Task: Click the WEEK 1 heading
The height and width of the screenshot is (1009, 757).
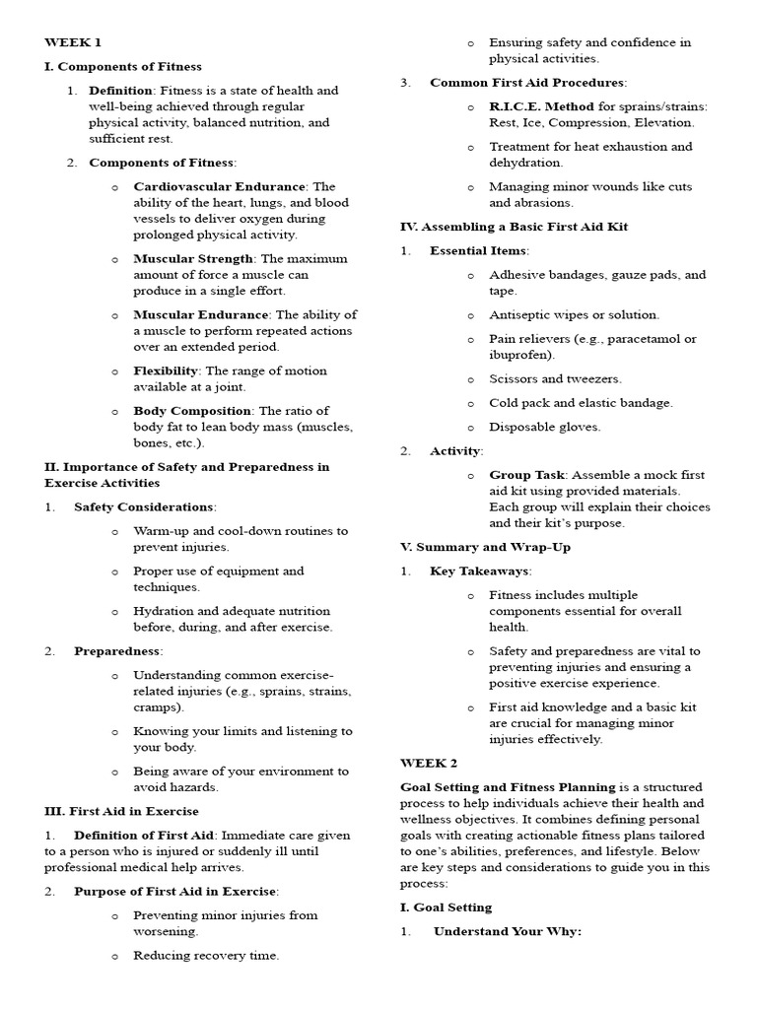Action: click(73, 42)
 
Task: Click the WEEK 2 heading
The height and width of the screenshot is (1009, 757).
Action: click(429, 763)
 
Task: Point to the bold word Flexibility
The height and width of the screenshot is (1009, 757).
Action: click(166, 370)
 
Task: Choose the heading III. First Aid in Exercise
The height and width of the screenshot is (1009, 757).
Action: click(121, 811)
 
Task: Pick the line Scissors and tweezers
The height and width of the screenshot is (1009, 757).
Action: click(555, 378)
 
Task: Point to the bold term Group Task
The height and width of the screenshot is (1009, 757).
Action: click(526, 475)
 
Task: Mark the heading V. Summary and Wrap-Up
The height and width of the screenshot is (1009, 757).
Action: click(485, 547)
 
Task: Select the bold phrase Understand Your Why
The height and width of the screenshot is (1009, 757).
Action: click(508, 931)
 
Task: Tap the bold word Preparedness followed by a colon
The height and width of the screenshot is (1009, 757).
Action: click(117, 650)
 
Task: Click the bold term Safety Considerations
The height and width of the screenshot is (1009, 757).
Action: click(144, 506)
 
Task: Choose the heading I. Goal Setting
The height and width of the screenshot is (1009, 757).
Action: click(446, 907)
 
